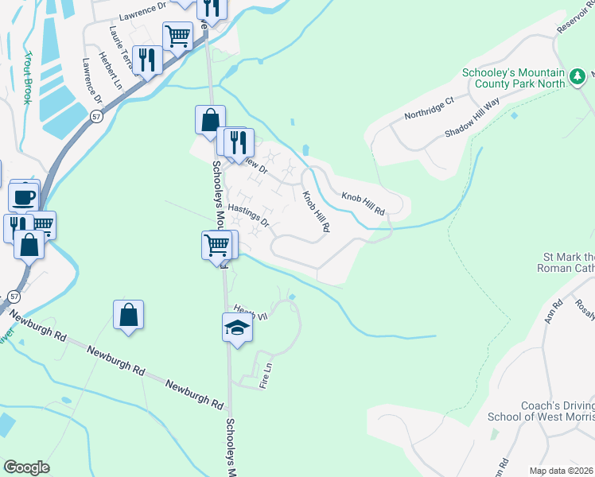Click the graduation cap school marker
tap(237, 327)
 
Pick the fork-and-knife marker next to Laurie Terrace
tap(147, 60)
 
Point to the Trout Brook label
tap(28, 78)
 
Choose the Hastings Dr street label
tap(249, 215)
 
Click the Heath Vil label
tap(248, 312)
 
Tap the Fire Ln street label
tap(266, 376)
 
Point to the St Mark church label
tap(568, 263)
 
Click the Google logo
tap(26, 467)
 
